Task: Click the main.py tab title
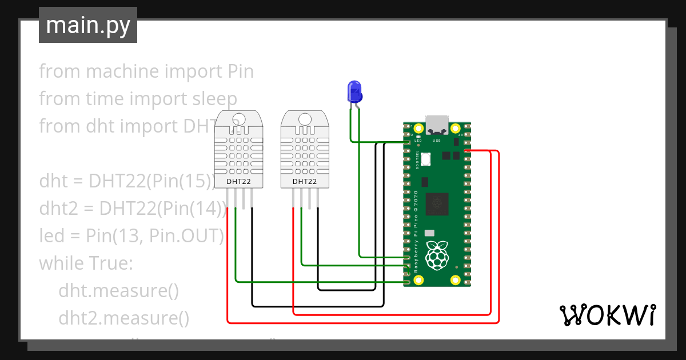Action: pos(87,25)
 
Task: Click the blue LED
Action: pos(354,91)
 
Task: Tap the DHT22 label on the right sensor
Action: pos(305,182)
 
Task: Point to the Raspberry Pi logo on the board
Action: pos(437,255)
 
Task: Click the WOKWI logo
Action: pos(607,315)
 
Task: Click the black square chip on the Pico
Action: pos(437,204)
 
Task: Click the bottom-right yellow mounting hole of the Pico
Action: pos(456,281)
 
